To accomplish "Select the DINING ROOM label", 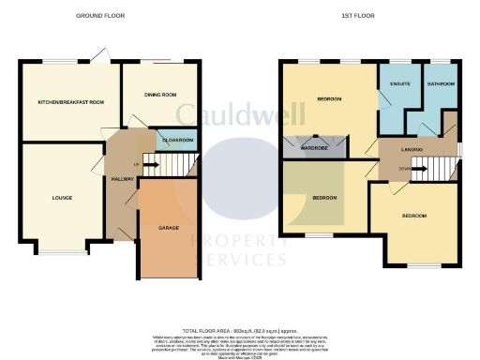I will [161, 95].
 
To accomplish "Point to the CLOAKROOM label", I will [178, 140].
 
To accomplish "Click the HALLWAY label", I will [122, 178].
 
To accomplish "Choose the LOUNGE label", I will [64, 198].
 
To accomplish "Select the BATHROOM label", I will [440, 83].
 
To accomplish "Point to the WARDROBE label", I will [312, 147].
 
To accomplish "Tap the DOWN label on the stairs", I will [405, 170].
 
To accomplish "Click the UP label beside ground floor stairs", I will [138, 166].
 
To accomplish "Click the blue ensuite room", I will [395, 103].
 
